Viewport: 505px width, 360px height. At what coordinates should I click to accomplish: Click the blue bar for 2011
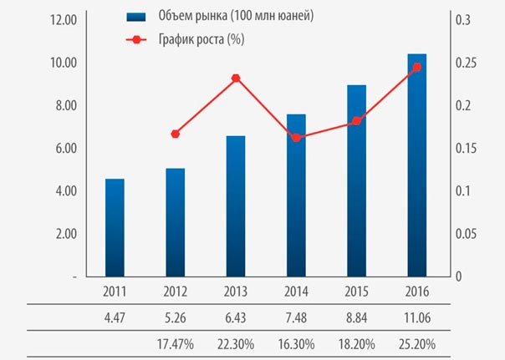pyautogui.click(x=115, y=228)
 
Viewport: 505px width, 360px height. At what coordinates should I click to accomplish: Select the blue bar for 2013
pyautogui.click(x=236, y=206)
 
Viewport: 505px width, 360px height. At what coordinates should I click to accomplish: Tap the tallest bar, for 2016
pyautogui.click(x=416, y=165)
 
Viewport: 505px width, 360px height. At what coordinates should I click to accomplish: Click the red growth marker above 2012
pyautogui.click(x=176, y=134)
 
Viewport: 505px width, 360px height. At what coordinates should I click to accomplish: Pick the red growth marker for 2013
pyautogui.click(x=236, y=79)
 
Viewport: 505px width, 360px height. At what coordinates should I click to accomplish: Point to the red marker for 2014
pyautogui.click(x=296, y=138)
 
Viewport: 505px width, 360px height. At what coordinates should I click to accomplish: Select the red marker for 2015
pyautogui.click(x=356, y=121)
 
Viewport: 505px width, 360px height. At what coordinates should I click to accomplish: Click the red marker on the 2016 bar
pyautogui.click(x=417, y=67)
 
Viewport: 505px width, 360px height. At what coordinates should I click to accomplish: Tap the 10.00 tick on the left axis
pyautogui.click(x=64, y=63)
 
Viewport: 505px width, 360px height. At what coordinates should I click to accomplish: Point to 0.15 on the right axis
pyautogui.click(x=466, y=149)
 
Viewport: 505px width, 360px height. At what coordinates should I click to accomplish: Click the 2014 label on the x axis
pyautogui.click(x=296, y=292)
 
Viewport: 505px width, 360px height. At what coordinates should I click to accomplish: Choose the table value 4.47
pyautogui.click(x=115, y=318)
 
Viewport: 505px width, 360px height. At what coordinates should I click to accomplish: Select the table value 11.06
pyautogui.click(x=417, y=318)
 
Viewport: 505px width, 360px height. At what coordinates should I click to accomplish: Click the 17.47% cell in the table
pyautogui.click(x=176, y=344)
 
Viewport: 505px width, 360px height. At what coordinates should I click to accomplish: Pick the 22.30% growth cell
pyautogui.click(x=236, y=344)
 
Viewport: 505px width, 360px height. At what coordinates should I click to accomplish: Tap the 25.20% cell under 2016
pyautogui.click(x=417, y=344)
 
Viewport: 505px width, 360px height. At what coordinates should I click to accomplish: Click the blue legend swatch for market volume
pyautogui.click(x=136, y=17)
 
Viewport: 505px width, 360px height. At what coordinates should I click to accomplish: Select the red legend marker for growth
pyautogui.click(x=136, y=39)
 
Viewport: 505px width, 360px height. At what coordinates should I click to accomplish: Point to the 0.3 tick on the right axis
pyautogui.click(x=462, y=20)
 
